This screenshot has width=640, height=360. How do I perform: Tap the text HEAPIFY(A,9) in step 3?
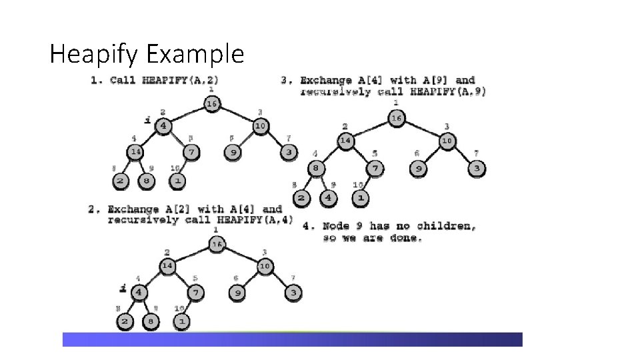pos(449,91)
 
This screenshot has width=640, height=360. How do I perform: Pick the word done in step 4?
pos(405,237)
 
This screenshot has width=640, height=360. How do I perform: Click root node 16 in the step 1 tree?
pos(211,103)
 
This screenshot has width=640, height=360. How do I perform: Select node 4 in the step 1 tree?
pos(163,126)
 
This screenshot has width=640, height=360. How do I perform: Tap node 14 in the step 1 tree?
pos(135,151)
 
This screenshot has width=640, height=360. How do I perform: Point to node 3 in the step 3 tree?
pos(476,168)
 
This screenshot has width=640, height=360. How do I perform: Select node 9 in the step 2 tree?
pos(238,292)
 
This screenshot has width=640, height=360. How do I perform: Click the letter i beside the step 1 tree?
pos(147,120)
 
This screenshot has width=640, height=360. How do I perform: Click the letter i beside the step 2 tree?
pos(123,288)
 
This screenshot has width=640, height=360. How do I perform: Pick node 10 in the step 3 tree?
pos(447,140)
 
